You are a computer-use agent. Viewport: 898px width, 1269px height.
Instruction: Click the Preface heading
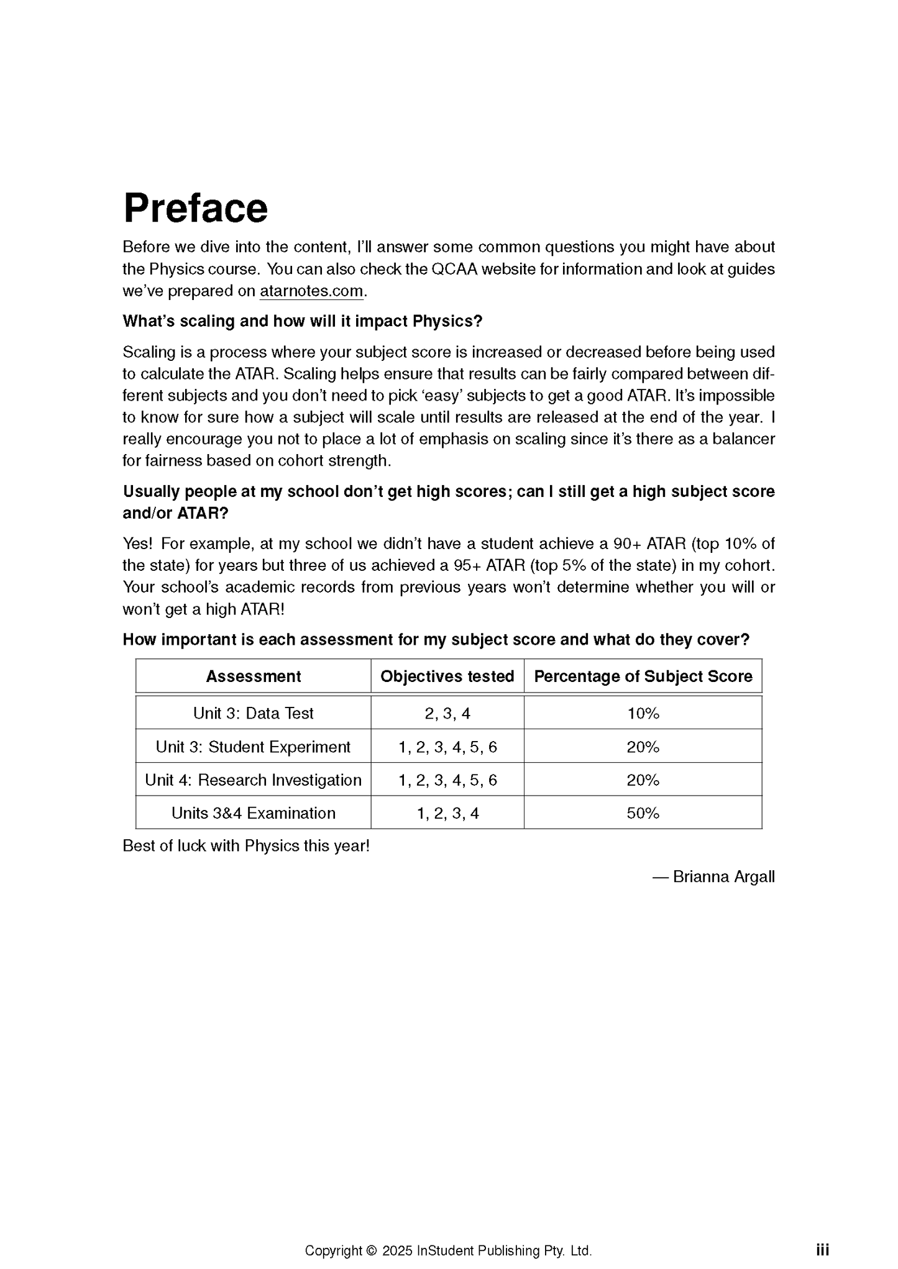coord(195,208)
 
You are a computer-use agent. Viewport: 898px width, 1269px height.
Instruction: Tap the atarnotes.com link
coord(311,291)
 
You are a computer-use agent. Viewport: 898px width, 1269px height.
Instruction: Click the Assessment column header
coord(253,676)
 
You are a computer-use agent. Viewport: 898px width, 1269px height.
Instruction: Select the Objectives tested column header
coord(447,676)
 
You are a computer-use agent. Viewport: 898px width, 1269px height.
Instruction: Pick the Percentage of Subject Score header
coord(643,676)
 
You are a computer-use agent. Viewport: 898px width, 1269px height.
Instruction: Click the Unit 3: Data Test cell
coord(253,713)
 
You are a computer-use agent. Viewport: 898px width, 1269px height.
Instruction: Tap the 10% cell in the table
coord(643,713)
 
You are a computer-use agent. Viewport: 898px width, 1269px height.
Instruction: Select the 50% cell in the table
coord(643,813)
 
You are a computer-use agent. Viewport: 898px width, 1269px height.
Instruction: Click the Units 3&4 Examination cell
coord(253,813)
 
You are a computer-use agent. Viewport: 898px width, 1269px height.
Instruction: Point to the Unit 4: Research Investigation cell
coord(253,780)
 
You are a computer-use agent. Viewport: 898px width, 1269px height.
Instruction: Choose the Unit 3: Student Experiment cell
coord(253,747)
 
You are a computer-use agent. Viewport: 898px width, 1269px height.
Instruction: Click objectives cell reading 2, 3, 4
coord(447,713)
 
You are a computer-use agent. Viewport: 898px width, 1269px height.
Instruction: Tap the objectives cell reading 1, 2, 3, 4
coord(447,813)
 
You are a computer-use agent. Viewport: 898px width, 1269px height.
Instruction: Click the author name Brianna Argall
coord(723,877)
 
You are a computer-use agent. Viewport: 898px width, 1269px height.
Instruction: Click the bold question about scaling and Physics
coord(302,322)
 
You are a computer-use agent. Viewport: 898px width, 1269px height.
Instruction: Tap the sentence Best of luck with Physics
coord(245,846)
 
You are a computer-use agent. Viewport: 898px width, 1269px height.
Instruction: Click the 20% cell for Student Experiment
coord(643,747)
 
